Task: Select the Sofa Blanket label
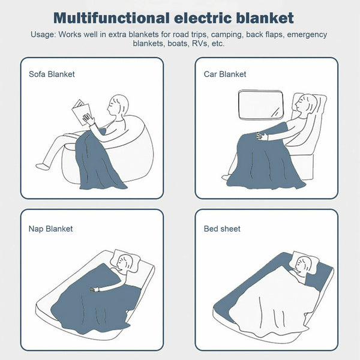[52, 74]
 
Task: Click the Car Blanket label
[224, 74]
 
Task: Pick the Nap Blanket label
[50, 229]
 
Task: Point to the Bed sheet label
[222, 229]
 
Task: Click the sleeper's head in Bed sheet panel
[303, 263]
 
